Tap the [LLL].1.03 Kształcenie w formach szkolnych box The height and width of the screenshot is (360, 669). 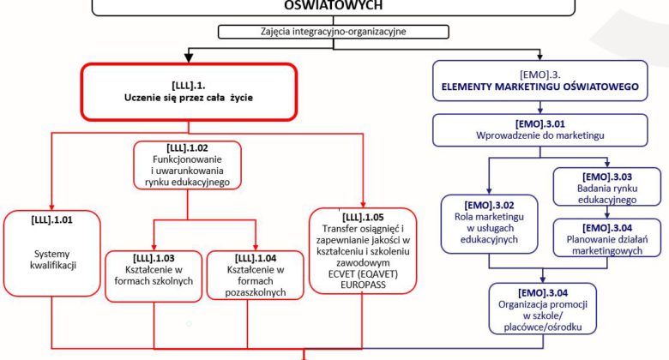click(152, 274)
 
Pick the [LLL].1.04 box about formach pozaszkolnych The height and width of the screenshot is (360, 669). click(256, 274)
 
